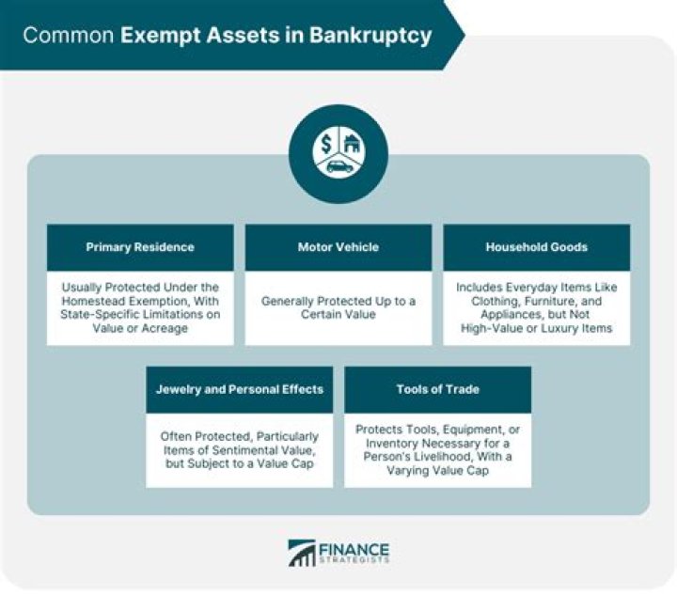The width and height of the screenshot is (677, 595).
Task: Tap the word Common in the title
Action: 66,37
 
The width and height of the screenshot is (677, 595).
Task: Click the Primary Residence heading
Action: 140,247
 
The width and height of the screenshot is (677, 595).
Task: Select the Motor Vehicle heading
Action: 338,247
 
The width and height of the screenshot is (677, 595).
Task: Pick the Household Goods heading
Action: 536,247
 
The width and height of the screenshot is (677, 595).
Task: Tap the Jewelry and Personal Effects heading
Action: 239,389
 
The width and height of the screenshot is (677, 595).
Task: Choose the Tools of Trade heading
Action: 437,389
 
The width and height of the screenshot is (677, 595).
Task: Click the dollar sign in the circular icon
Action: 326,145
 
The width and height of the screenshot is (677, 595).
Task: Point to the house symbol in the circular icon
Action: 351,144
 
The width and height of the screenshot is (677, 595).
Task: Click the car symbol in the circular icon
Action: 338,165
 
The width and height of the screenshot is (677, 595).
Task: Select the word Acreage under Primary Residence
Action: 166,329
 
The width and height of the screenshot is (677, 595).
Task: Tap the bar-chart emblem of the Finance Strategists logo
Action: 302,554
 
